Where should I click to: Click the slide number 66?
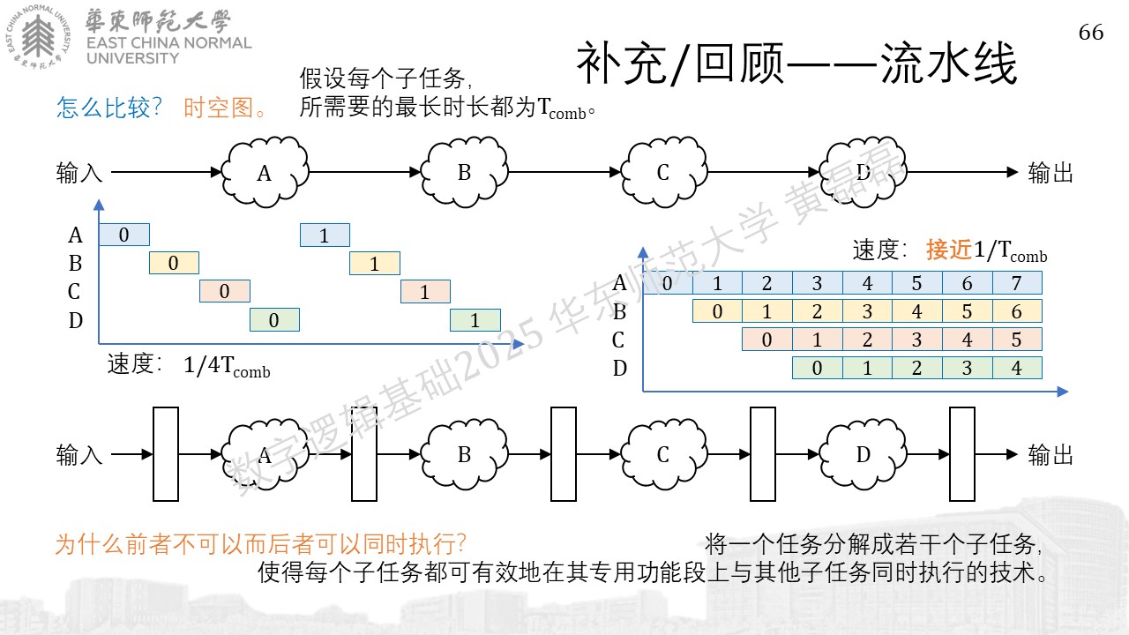(x=1091, y=33)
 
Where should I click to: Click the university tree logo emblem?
(x=38, y=37)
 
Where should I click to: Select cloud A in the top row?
(x=265, y=172)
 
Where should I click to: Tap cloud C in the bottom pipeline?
(x=664, y=454)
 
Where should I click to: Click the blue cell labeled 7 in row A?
(x=1017, y=283)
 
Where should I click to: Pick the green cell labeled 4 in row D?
(x=1017, y=368)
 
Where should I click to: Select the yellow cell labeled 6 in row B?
(x=1017, y=311)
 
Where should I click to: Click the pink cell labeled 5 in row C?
(x=1017, y=340)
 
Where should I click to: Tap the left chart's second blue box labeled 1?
(x=325, y=235)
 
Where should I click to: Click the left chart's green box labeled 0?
(x=274, y=320)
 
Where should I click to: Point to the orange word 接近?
(x=948, y=250)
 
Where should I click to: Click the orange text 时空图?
(x=218, y=108)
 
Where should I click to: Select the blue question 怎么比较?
(x=108, y=108)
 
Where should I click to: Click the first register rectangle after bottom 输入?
(x=166, y=454)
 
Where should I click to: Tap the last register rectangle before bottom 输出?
(x=962, y=454)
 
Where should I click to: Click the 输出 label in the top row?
(x=1050, y=173)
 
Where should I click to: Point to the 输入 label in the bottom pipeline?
(x=79, y=454)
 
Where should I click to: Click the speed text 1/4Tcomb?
(x=227, y=366)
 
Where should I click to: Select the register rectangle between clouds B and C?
(x=564, y=454)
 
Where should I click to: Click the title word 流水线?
(x=948, y=63)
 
